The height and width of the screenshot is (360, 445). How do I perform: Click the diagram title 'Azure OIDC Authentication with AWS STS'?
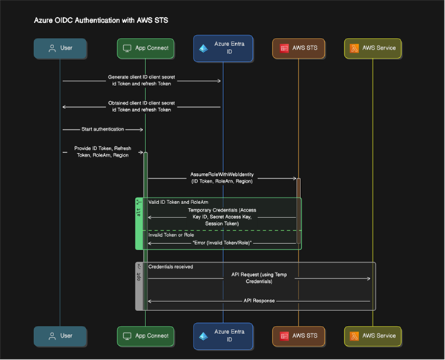[101, 22]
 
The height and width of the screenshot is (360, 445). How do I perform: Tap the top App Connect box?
[146, 49]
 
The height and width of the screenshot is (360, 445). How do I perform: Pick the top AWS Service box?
[373, 49]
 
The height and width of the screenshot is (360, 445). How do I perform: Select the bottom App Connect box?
[146, 336]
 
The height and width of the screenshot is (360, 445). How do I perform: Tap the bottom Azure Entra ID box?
[222, 336]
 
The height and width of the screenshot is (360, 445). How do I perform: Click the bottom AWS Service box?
[373, 336]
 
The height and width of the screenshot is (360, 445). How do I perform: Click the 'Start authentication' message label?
[103, 129]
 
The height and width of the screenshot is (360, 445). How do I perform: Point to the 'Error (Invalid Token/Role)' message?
[222, 243]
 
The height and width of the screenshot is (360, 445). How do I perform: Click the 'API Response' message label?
[259, 301]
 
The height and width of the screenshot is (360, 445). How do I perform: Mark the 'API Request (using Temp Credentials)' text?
[259, 278]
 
